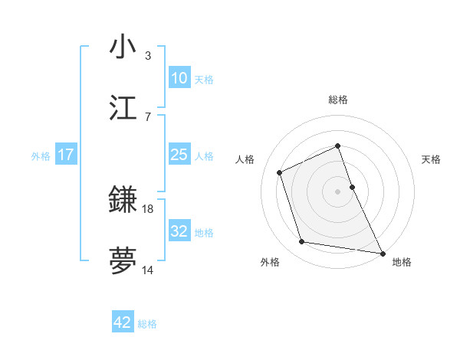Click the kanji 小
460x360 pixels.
pos(123,47)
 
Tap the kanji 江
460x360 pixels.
pos(123,108)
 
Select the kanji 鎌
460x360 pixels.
pos(123,200)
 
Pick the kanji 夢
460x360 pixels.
pos(123,260)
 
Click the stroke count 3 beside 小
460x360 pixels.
pos(148,56)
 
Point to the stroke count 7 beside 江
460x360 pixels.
pos(148,116)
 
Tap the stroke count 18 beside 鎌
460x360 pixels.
pos(148,208)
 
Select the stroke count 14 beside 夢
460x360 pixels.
pos(148,270)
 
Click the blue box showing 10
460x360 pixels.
pos(179,78)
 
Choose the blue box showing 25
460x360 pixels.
pos(179,155)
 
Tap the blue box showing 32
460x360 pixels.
pos(179,231)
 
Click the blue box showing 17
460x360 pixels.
pos(66,155)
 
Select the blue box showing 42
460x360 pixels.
pos(123,322)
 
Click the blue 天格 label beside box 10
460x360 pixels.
pos(204,79)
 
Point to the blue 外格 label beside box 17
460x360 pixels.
pos(41,155)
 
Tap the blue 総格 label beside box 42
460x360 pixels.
pos(148,323)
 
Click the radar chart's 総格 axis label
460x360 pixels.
pos(338,100)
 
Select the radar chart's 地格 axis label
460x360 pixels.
pos(402,262)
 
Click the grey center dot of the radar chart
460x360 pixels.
pos(338,191)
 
